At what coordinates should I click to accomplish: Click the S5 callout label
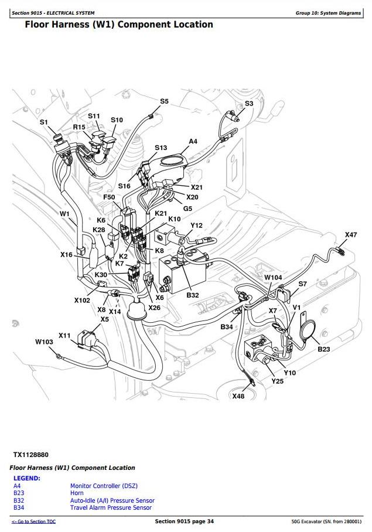tap(165, 101)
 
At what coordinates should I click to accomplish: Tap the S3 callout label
tap(249, 103)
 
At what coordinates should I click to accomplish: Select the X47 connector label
tap(350, 235)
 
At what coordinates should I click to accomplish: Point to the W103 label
tap(44, 341)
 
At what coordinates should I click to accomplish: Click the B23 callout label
tap(324, 349)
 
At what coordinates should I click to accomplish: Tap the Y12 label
tap(197, 226)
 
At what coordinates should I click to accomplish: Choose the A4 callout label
tap(193, 141)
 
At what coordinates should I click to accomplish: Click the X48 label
tap(238, 396)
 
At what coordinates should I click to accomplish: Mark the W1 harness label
tap(64, 214)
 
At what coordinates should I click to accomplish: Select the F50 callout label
tap(109, 197)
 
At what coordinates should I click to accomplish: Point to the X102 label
tap(82, 300)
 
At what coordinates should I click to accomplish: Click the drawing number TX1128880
tap(31, 455)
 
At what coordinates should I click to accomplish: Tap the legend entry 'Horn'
tap(77, 493)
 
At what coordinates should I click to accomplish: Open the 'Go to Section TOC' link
tap(34, 521)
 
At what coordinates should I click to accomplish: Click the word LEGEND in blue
tap(27, 478)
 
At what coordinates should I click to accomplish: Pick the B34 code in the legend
tap(19, 507)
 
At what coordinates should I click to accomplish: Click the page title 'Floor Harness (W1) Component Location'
tap(119, 25)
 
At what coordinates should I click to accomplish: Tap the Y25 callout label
tap(277, 381)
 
